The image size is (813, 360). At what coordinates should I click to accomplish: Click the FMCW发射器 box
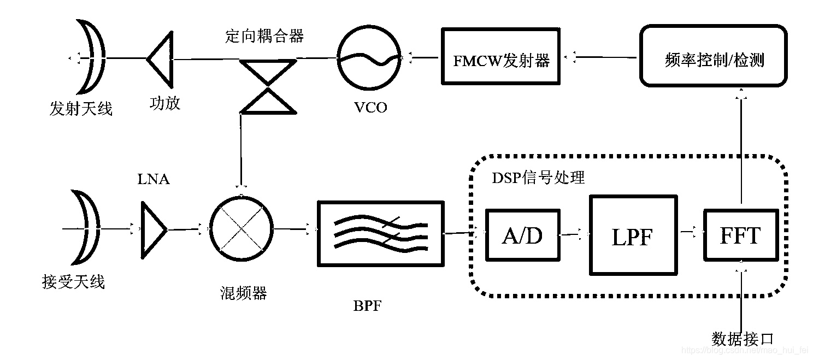(x=501, y=57)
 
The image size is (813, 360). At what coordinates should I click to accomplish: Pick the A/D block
(x=522, y=235)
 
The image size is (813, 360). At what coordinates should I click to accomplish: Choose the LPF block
(x=632, y=235)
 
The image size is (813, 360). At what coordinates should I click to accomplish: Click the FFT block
(x=740, y=235)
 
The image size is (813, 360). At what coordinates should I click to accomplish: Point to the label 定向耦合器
(x=264, y=36)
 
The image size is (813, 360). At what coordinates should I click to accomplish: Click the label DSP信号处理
(x=538, y=178)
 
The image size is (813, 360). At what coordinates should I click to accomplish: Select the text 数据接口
(x=743, y=338)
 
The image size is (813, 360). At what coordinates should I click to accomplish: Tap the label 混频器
(x=240, y=293)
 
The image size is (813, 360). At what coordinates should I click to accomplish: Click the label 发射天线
(x=80, y=109)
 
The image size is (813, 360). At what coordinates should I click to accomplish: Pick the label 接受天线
(x=73, y=282)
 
